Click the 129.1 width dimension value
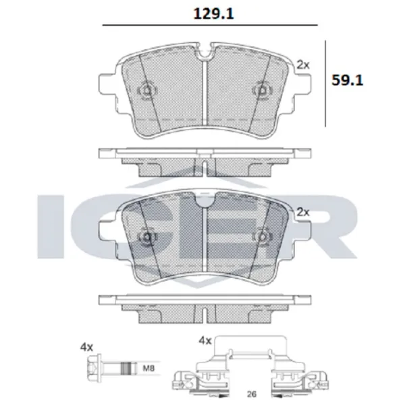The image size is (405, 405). (x=213, y=13)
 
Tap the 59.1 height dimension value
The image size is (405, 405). (x=348, y=80)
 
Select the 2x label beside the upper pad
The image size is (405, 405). (x=302, y=65)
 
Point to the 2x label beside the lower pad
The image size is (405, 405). (x=302, y=212)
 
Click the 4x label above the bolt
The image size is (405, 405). (x=86, y=348)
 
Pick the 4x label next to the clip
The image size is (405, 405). (x=205, y=341)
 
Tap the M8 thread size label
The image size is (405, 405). (x=148, y=368)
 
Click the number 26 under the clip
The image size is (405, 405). (x=252, y=394)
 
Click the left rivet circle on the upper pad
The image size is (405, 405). (x=147, y=90)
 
